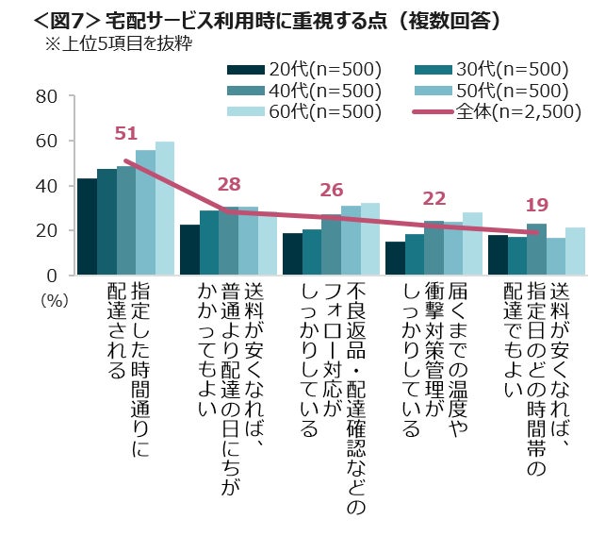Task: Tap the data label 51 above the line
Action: pyautogui.click(x=125, y=134)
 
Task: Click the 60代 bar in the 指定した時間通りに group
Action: pyautogui.click(x=165, y=209)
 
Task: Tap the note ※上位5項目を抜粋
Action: pyautogui.click(x=112, y=43)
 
